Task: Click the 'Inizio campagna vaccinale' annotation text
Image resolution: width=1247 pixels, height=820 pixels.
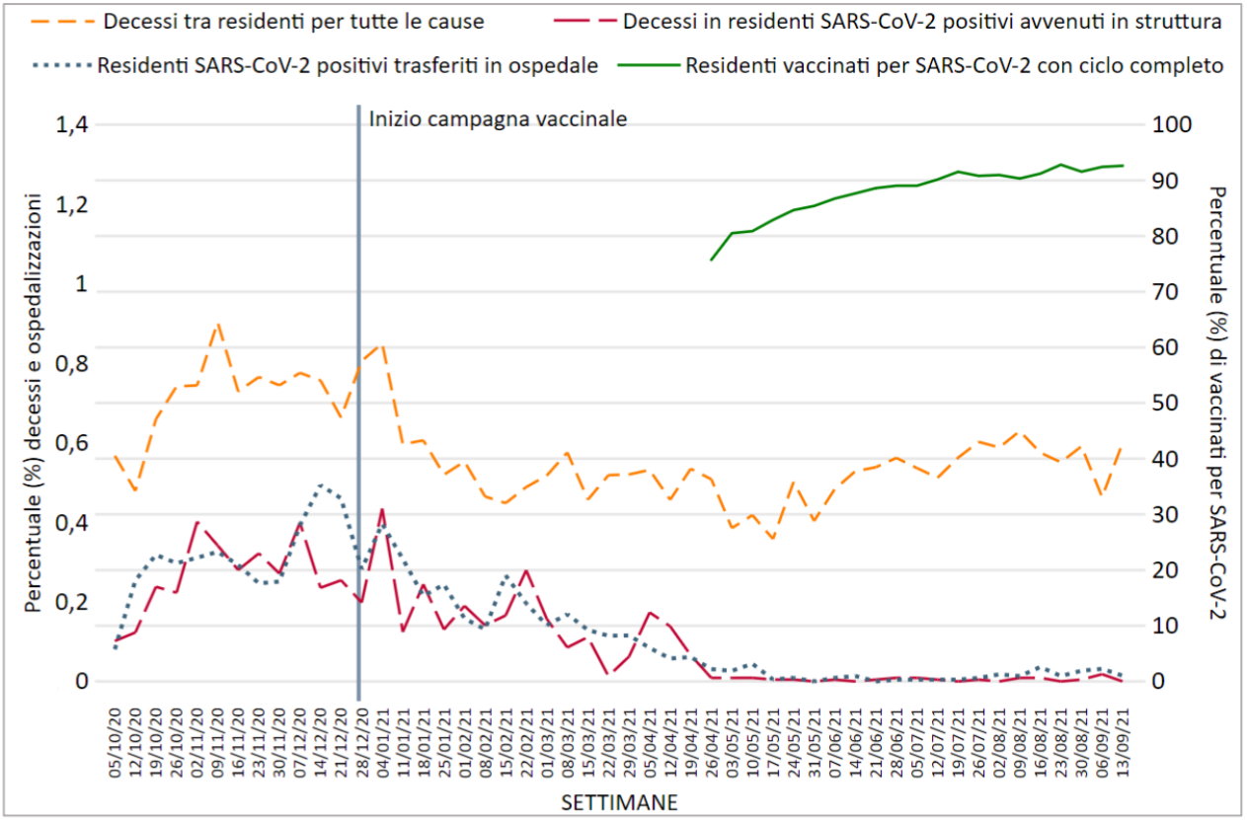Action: pos(498,118)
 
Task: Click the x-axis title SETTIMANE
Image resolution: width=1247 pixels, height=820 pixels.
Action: pos(619,801)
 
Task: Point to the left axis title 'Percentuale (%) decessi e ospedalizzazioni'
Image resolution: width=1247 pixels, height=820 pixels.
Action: pos(35,402)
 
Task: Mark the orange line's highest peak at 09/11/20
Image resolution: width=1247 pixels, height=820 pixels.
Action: pos(217,324)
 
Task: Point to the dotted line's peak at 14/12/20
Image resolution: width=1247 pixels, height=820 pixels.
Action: pos(319,485)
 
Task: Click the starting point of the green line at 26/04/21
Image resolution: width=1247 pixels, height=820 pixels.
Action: pos(712,260)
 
